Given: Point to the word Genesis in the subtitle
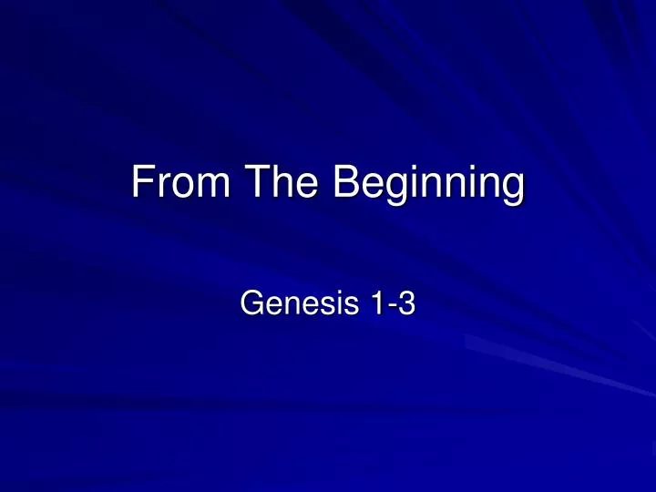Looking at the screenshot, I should [x=291, y=305].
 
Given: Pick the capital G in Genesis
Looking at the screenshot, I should [x=251, y=305].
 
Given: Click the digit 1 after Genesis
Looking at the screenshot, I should [x=375, y=305].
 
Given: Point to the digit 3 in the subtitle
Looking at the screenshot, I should [x=406, y=305].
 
